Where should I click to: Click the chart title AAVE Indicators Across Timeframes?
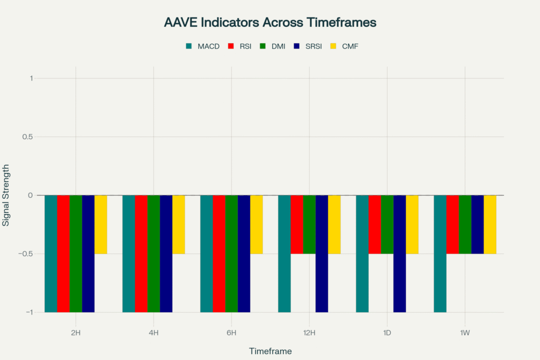(x=269, y=23)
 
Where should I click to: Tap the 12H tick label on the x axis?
(x=309, y=333)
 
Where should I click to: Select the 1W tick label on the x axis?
(x=465, y=333)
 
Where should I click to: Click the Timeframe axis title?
(x=270, y=351)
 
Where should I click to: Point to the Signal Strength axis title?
(x=6, y=195)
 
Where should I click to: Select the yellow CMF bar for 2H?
(x=101, y=225)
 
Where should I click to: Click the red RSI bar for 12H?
(x=297, y=225)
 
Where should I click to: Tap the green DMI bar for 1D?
(x=387, y=225)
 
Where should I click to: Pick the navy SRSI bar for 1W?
(x=478, y=225)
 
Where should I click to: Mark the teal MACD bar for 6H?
(x=207, y=254)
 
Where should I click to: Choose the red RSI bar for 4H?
(x=141, y=254)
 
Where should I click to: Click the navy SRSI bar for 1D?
(x=400, y=254)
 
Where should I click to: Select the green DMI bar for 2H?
(x=76, y=254)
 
